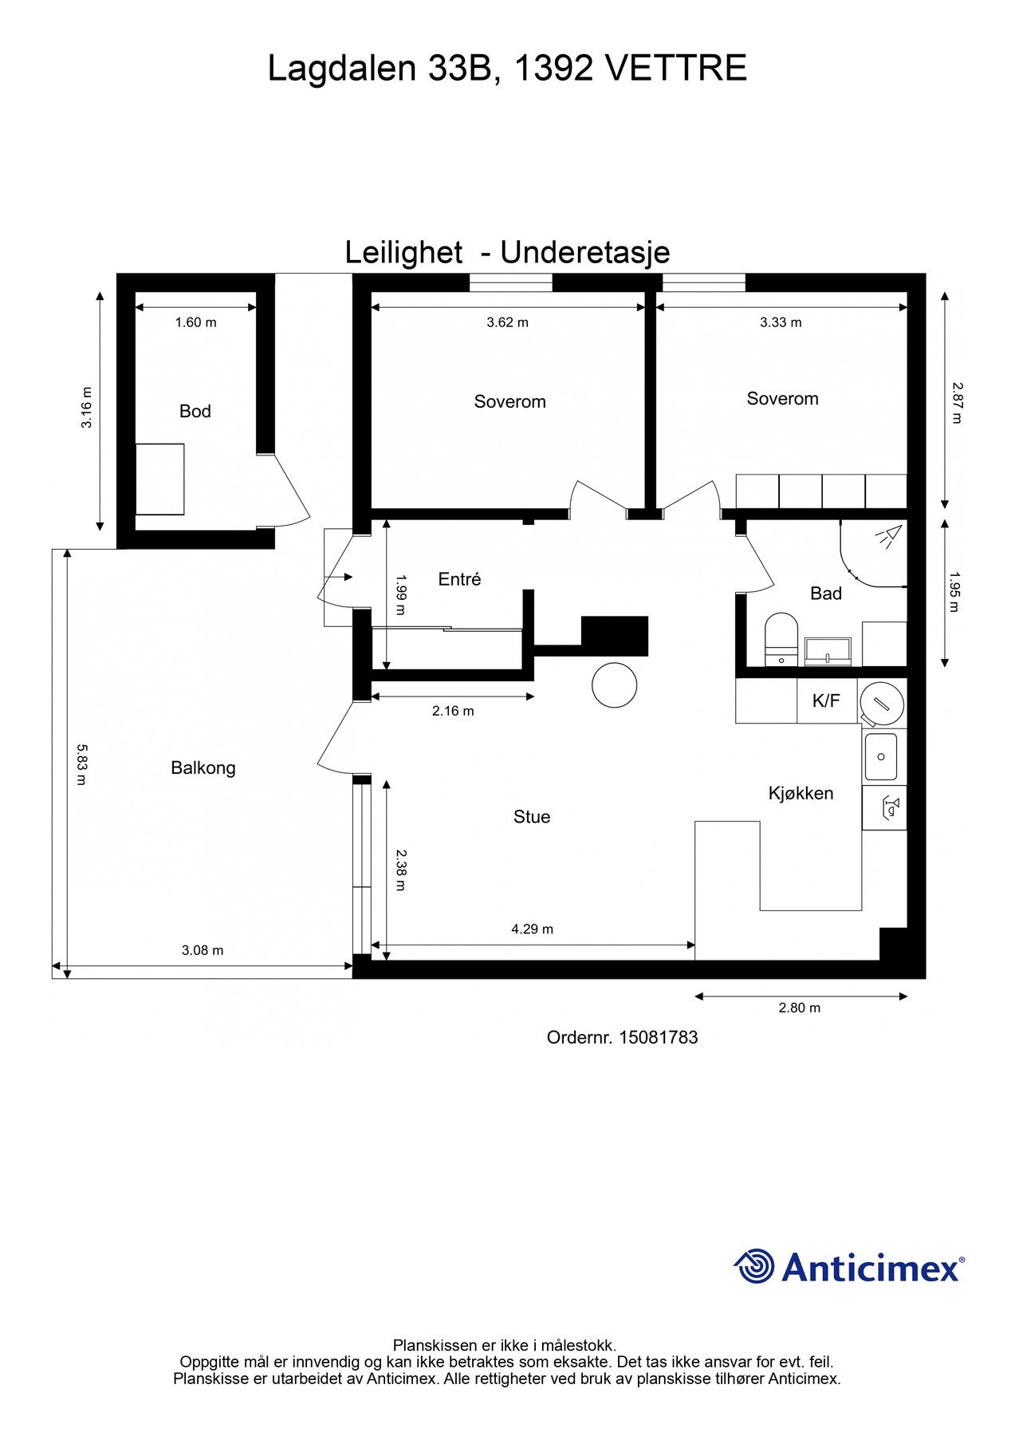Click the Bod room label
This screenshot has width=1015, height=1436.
pos(195,412)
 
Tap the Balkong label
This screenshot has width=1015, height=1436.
pos(203,768)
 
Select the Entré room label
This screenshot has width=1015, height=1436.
pos(459,579)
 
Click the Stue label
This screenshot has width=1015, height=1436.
pos(532,817)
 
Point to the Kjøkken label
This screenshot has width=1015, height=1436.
pos(801,794)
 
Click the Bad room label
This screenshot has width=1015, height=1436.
pos(826,594)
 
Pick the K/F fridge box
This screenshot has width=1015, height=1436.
pos(827,701)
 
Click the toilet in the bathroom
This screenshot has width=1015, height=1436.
pos(781,639)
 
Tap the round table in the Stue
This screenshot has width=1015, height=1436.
pos(615,684)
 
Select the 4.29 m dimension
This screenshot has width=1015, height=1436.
pos(532,929)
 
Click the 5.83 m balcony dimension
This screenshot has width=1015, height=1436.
pos(81,764)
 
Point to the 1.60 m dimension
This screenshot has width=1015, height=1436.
pos(195,323)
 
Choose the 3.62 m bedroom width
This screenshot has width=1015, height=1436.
pos(508,323)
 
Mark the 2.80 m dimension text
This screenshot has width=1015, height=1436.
pos(800,1008)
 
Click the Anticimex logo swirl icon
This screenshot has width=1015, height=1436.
pos(754,1266)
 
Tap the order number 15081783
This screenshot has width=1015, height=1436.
pos(658,1038)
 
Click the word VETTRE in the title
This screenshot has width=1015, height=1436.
pos(677,69)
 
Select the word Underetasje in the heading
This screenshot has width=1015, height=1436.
pos(585,253)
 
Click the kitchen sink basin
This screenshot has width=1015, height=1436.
pos(881,756)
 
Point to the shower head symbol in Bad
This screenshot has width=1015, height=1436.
pos(887,535)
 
